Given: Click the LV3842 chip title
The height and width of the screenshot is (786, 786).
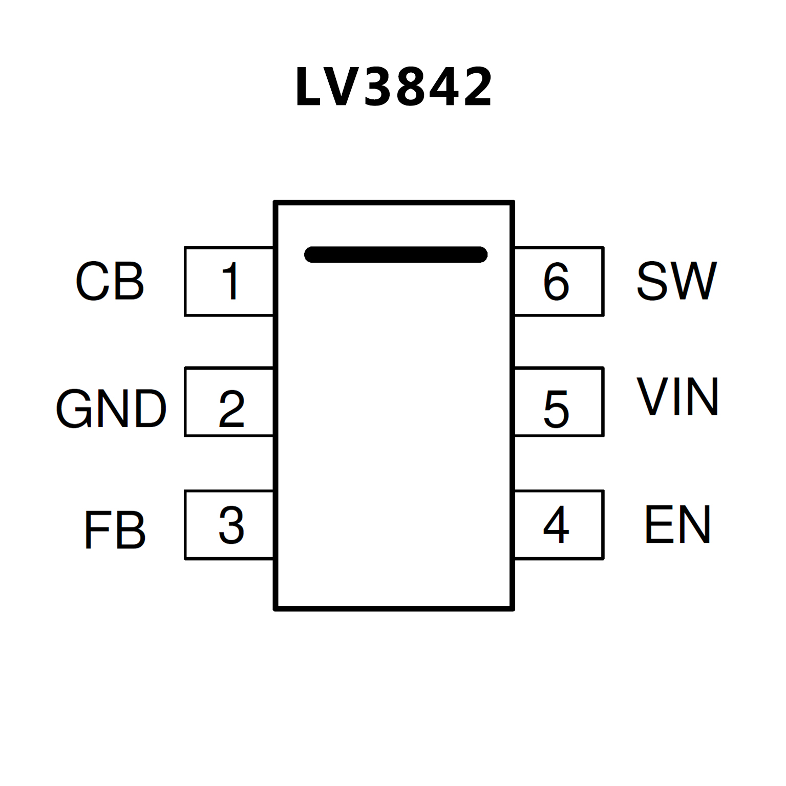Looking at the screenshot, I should pos(393,87).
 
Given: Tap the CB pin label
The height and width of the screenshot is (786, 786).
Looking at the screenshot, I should pos(110,281).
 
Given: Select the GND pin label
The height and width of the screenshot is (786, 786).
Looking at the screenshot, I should pos(111,408).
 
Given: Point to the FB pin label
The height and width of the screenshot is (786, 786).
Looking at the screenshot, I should pos(115,529).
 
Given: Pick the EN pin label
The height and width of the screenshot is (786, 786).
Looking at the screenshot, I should pos(677,524).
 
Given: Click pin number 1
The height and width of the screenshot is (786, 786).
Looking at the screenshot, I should pos(230,281).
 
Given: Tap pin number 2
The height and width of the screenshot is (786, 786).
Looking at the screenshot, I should pos(231,408).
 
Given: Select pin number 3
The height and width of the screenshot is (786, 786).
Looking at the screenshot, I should pos(231,525).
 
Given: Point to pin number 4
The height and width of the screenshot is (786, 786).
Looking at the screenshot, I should pos(556,524).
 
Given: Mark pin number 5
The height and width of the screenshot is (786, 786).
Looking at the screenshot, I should pos(556,409).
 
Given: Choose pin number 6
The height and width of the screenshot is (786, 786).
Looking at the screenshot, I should pos(556,281).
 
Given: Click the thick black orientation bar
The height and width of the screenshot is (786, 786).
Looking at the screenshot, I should pos(395,254).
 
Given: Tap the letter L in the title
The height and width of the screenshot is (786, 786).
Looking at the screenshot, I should pos(308,87).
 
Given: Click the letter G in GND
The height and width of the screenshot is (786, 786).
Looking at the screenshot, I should pos(74,408).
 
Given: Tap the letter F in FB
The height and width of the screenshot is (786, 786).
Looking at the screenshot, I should pos(95,529).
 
